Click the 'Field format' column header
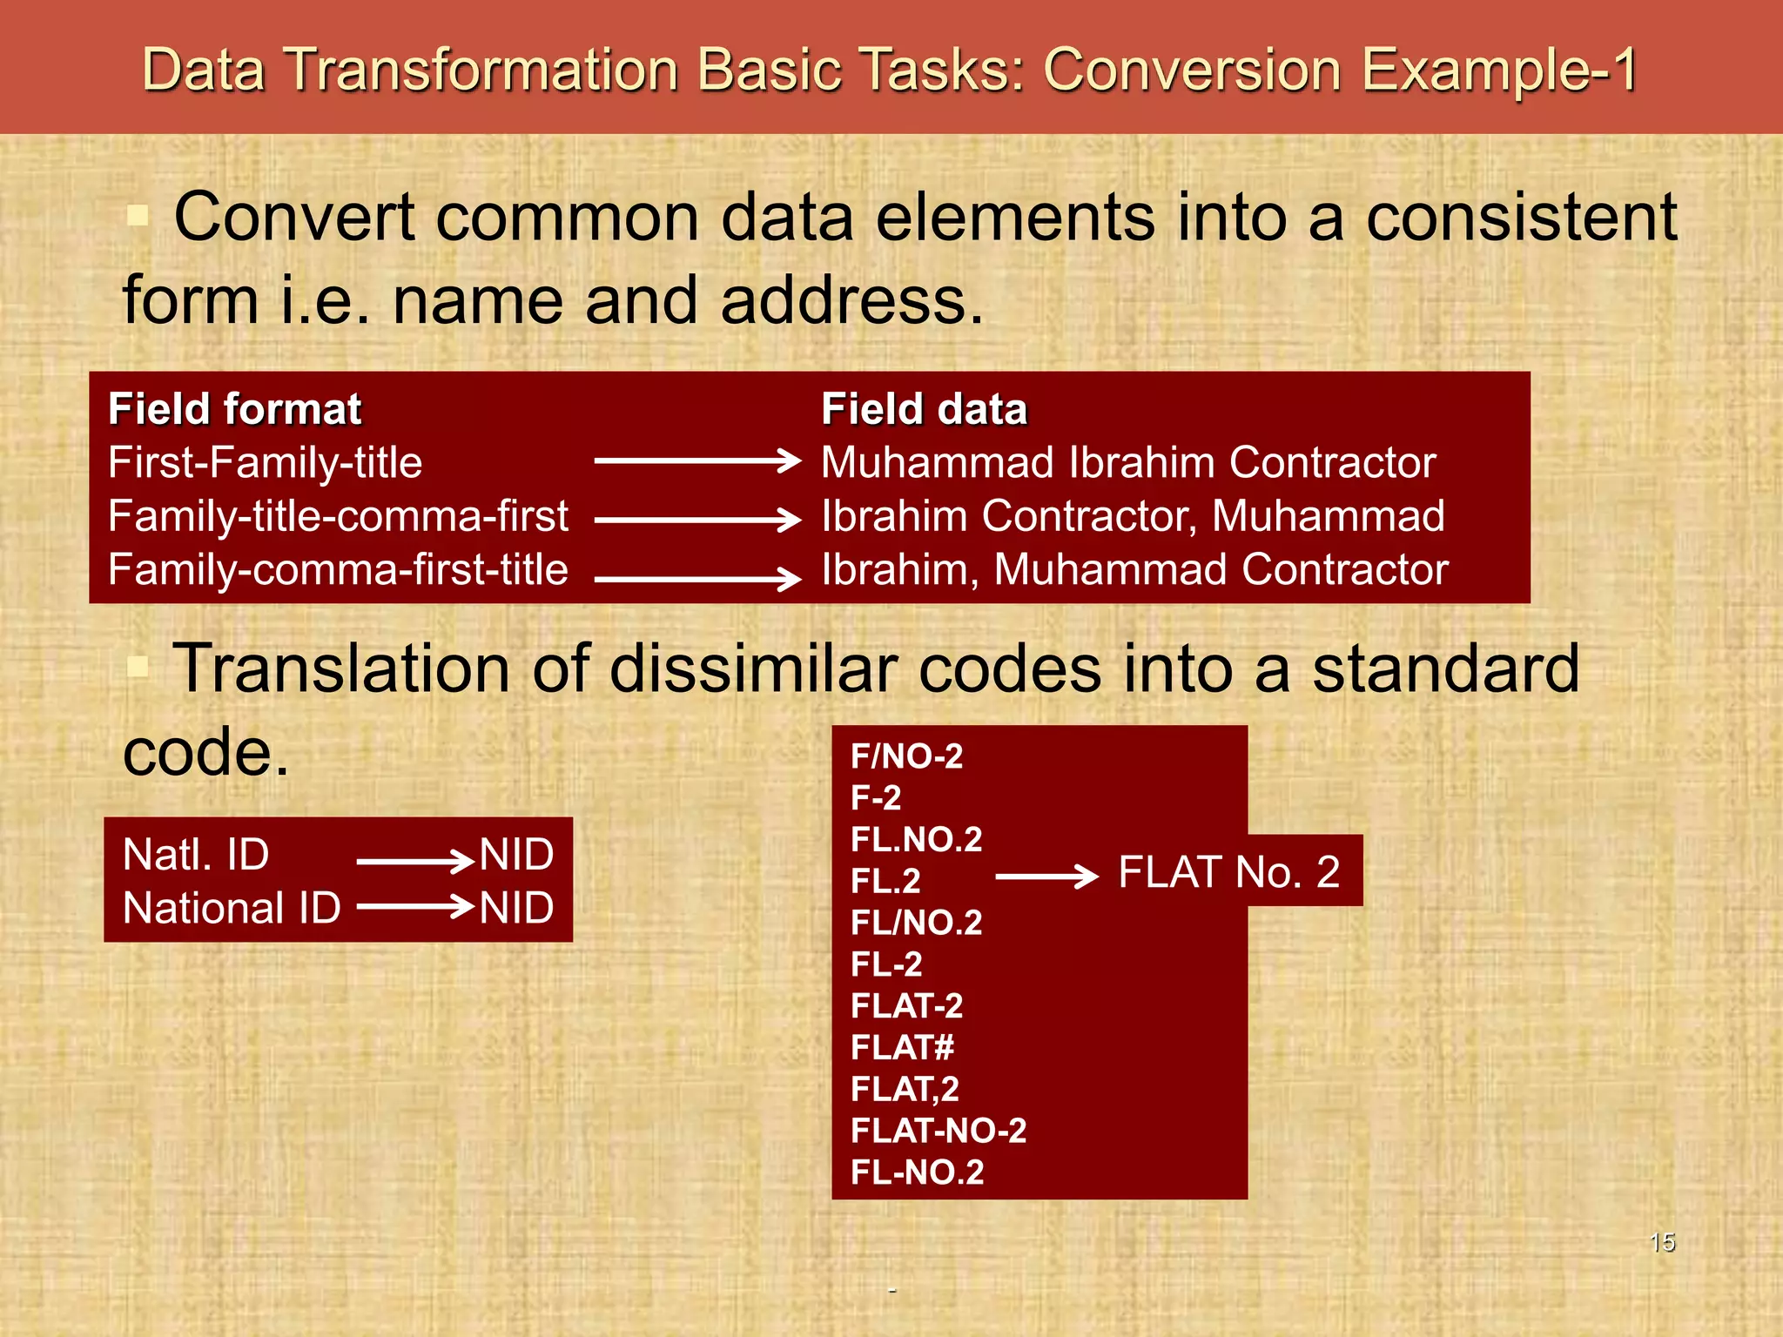pos(234,409)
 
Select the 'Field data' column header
pos(924,409)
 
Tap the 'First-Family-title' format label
pos(265,462)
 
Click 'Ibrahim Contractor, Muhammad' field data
pos(1133,515)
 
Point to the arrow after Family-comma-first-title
pos(697,577)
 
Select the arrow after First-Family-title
pos(697,460)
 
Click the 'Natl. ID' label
pos(196,854)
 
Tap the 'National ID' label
pos(232,908)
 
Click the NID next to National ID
pos(516,908)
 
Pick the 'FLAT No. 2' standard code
pos(1228,871)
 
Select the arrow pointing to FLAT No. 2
pos(1046,876)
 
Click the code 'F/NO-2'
pos(906,756)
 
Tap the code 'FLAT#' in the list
pos(902,1047)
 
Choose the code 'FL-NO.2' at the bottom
pos(917,1172)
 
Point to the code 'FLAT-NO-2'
pos(939,1131)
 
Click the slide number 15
pos(1662,1242)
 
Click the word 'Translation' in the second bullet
pos(340,668)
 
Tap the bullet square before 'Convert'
pos(138,215)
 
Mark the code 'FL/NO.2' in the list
pos(916,922)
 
